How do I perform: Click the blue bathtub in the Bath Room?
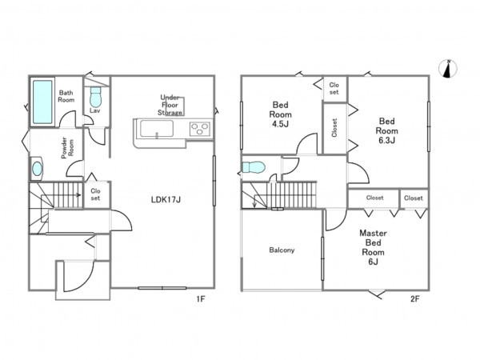click(x=42, y=102)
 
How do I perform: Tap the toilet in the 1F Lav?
click(x=95, y=97)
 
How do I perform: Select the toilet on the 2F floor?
click(x=254, y=167)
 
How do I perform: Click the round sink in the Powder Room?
click(x=37, y=169)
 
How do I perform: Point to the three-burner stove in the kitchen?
click(x=199, y=129)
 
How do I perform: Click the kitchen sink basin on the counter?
click(x=157, y=129)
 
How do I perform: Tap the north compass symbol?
click(x=448, y=69)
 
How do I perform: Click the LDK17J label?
click(x=166, y=200)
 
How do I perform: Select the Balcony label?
click(x=282, y=250)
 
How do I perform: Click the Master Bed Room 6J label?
click(x=373, y=247)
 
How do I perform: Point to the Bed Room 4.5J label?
click(x=280, y=114)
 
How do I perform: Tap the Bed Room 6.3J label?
click(x=386, y=130)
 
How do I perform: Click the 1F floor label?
click(x=201, y=298)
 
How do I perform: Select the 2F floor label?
click(x=414, y=298)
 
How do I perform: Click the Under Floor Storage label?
click(x=170, y=105)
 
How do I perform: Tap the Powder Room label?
click(x=67, y=148)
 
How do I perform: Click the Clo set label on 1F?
click(x=95, y=194)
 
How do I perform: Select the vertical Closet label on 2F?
click(x=334, y=128)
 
